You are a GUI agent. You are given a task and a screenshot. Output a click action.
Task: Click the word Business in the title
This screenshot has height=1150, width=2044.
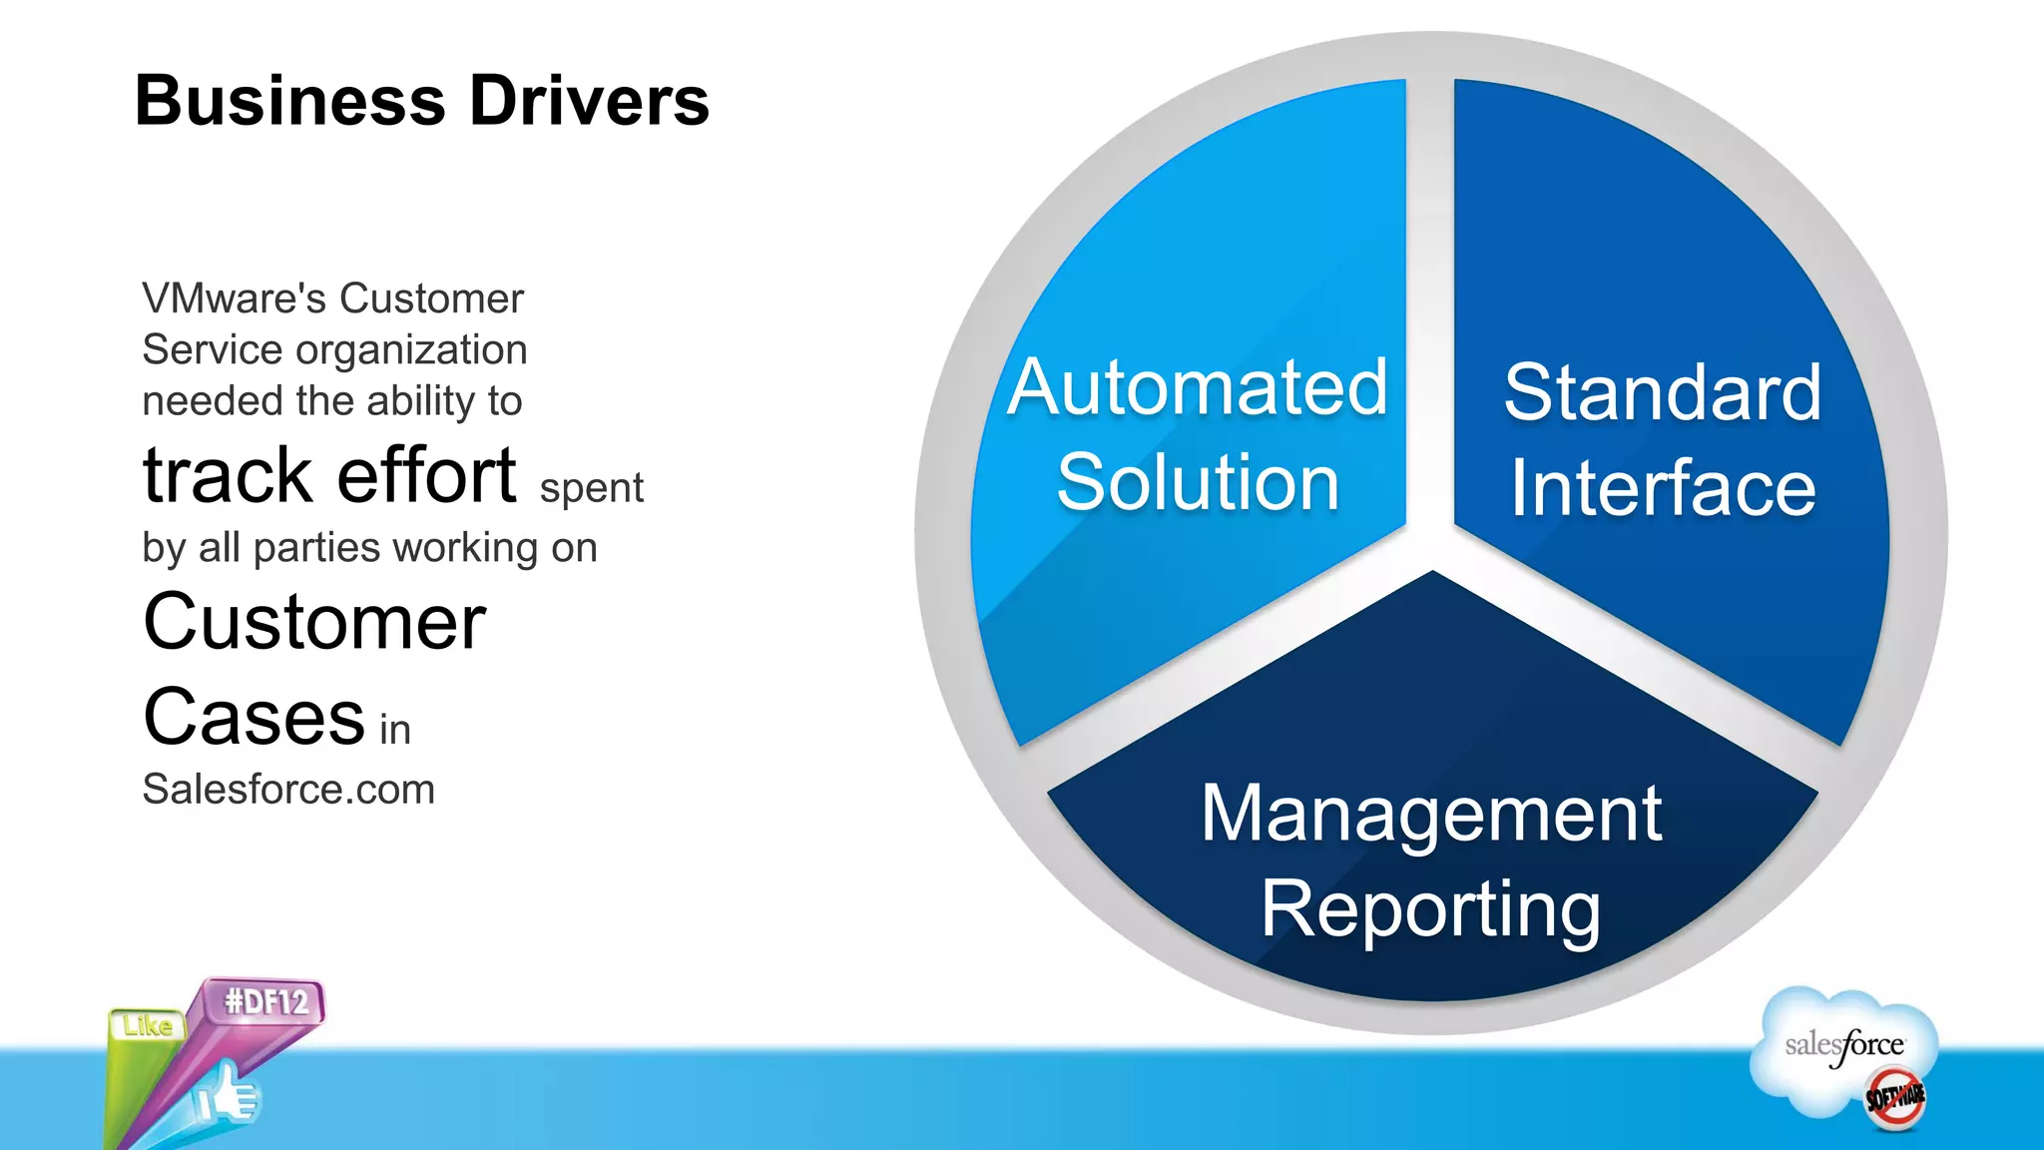click(289, 101)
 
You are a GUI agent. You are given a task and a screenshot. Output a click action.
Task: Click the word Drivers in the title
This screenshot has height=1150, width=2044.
click(589, 101)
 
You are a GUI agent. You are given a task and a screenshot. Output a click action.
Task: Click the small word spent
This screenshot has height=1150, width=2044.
click(591, 489)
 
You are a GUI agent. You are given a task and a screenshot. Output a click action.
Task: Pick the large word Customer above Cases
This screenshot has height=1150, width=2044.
click(314, 622)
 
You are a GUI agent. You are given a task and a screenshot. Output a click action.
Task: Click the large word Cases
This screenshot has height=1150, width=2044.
click(255, 717)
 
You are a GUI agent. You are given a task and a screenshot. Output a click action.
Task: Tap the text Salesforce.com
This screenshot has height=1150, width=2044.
click(288, 790)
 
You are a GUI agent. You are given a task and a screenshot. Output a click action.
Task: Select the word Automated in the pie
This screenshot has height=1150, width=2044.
click(1198, 387)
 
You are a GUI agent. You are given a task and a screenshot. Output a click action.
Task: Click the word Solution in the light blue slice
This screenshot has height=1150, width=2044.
click(1198, 483)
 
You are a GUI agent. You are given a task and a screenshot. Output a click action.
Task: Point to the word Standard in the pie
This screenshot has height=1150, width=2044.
click(1663, 392)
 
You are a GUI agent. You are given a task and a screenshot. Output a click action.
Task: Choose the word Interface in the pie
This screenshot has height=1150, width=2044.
click(1663, 488)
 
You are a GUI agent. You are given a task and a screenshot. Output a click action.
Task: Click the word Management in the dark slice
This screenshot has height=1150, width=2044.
click(1431, 814)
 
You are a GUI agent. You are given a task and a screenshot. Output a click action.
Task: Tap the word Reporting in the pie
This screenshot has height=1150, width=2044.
click(1431, 909)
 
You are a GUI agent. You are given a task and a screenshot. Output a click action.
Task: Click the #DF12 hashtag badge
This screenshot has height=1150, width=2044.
click(265, 1001)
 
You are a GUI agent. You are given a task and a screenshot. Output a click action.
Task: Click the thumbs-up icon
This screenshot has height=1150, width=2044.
click(228, 1095)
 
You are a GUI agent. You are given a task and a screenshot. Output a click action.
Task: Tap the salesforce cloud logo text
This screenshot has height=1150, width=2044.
click(1844, 1045)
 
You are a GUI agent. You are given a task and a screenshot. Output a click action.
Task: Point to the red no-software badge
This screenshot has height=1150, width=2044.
click(1895, 1098)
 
